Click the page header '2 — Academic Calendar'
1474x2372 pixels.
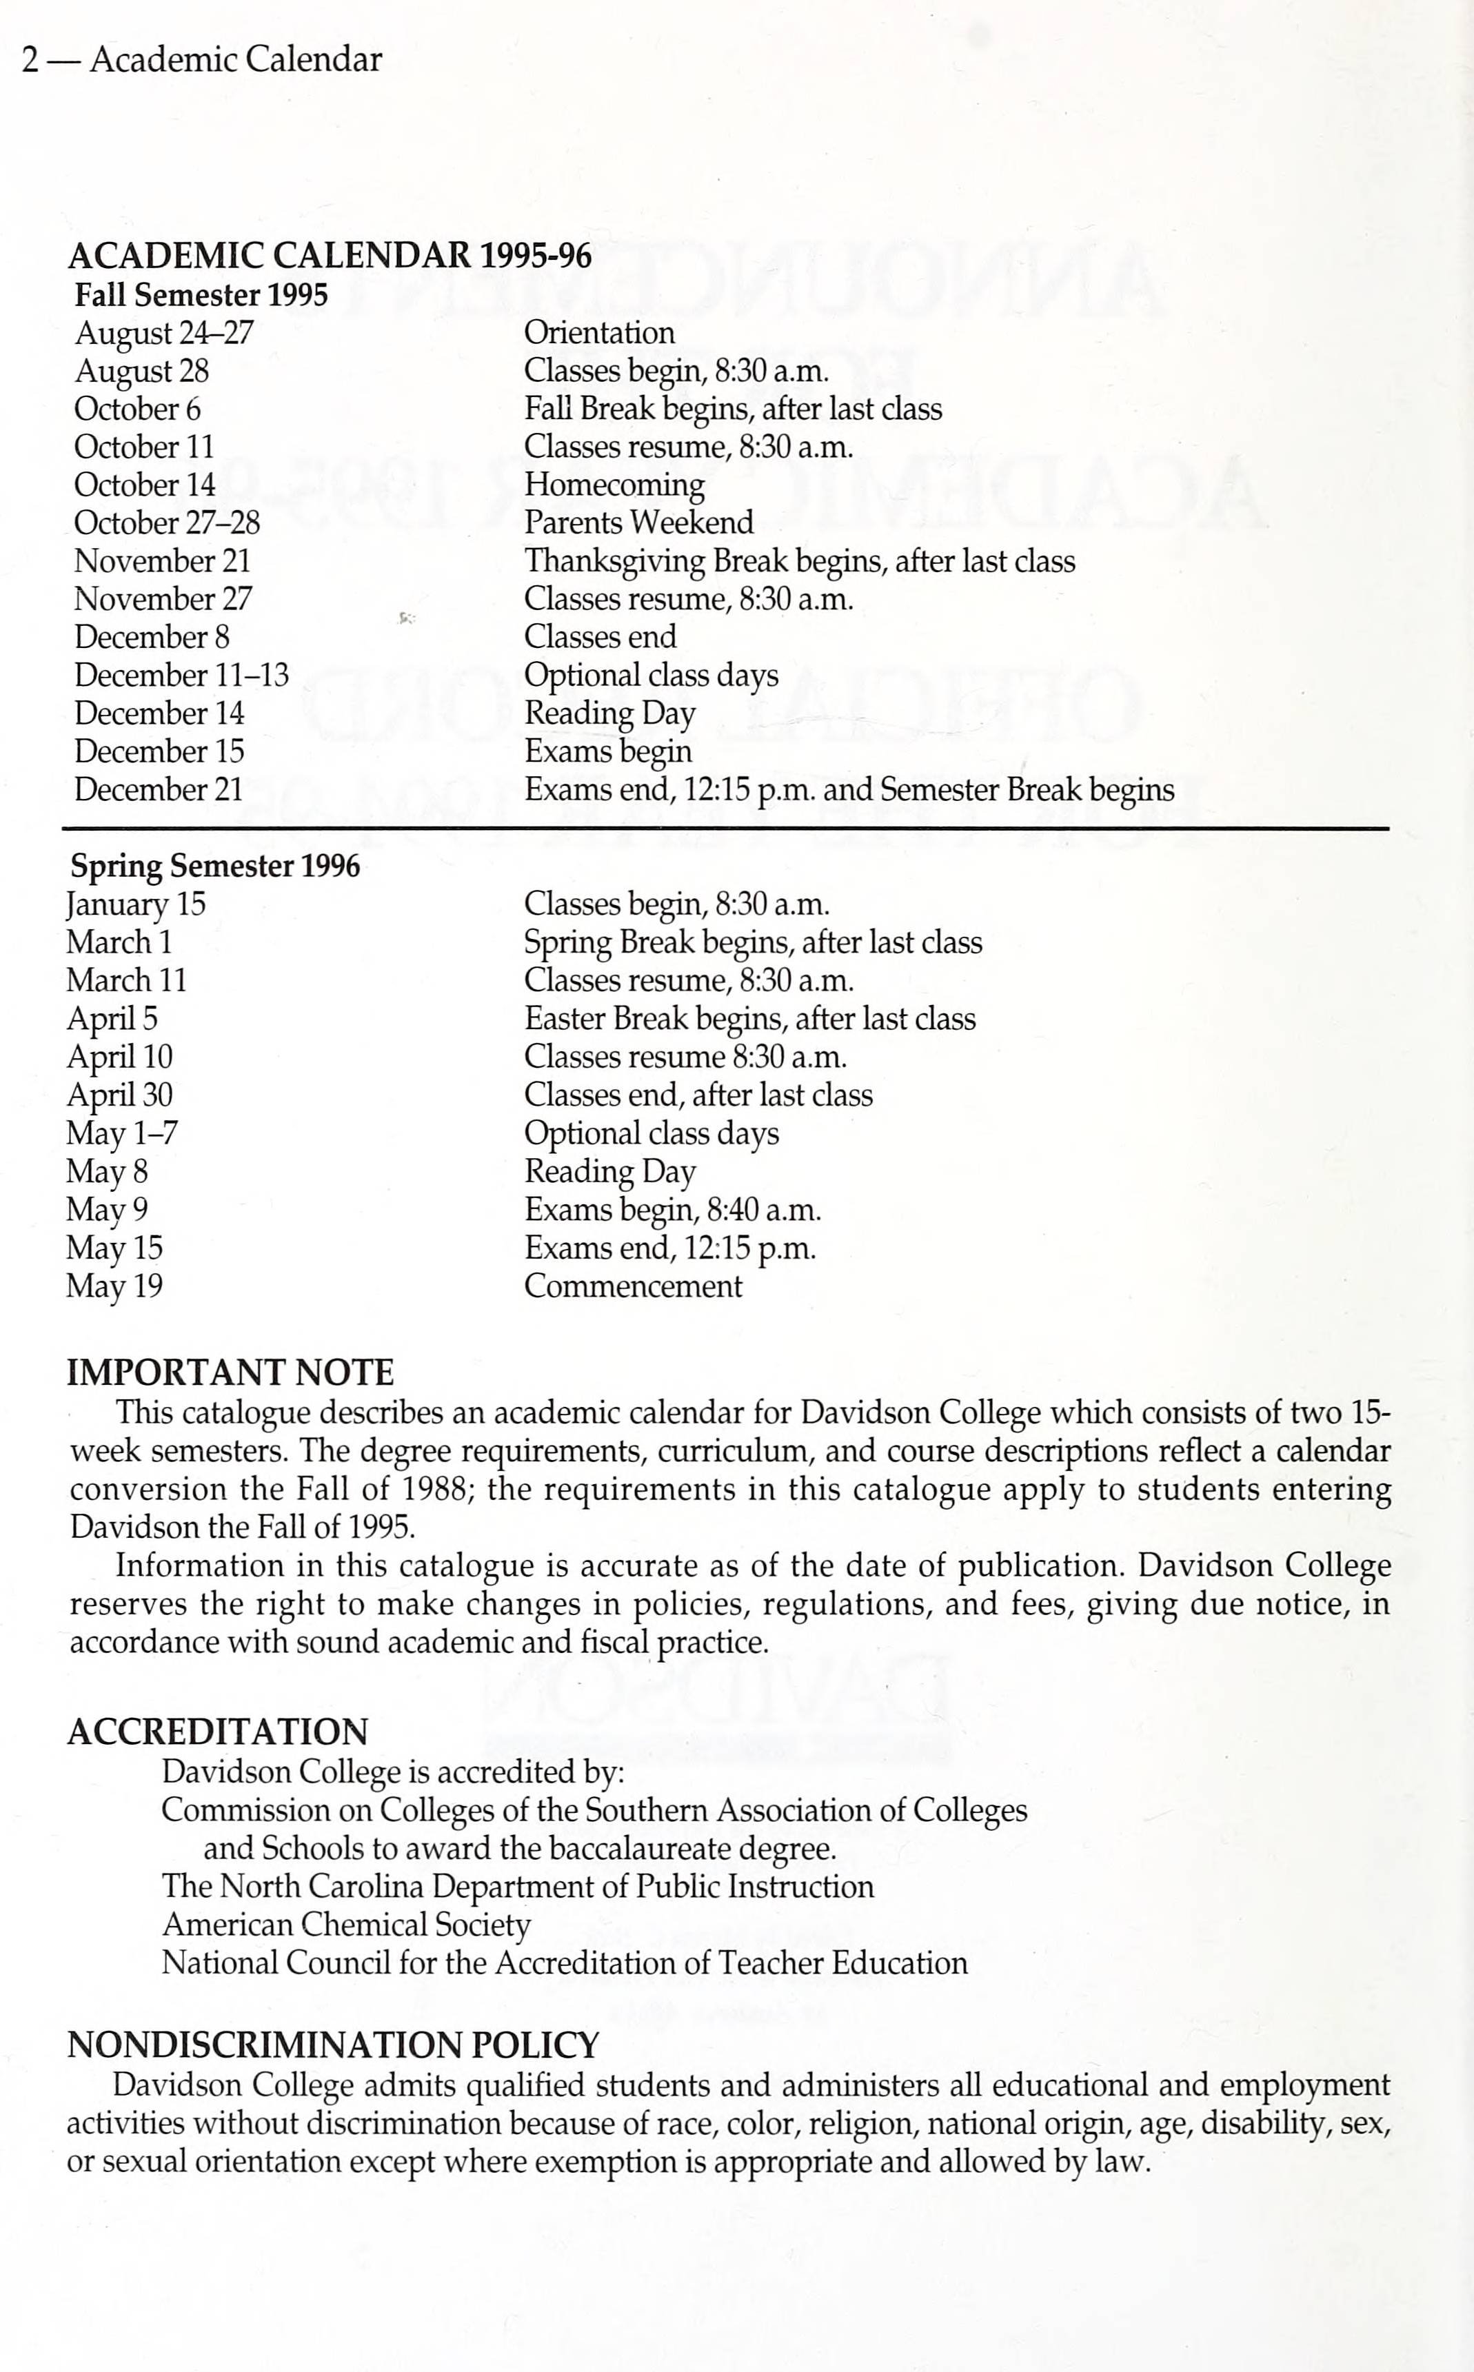pos(202,61)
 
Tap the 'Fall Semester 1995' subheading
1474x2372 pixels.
pos(201,295)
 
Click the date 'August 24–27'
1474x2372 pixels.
pos(164,333)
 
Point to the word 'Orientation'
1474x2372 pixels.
pos(598,333)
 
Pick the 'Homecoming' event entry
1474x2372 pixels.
pos(614,485)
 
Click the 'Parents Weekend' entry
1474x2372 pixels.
pos(638,523)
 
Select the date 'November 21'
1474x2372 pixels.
pos(163,561)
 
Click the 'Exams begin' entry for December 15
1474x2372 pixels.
pos(607,751)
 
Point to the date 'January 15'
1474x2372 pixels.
pos(136,904)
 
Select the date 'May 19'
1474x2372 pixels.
pos(114,1286)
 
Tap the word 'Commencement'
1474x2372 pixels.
pos(633,1286)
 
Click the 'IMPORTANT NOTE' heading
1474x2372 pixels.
pos(230,1373)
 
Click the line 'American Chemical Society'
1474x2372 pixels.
pos(346,1925)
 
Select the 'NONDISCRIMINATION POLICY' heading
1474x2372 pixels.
pos(332,2045)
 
